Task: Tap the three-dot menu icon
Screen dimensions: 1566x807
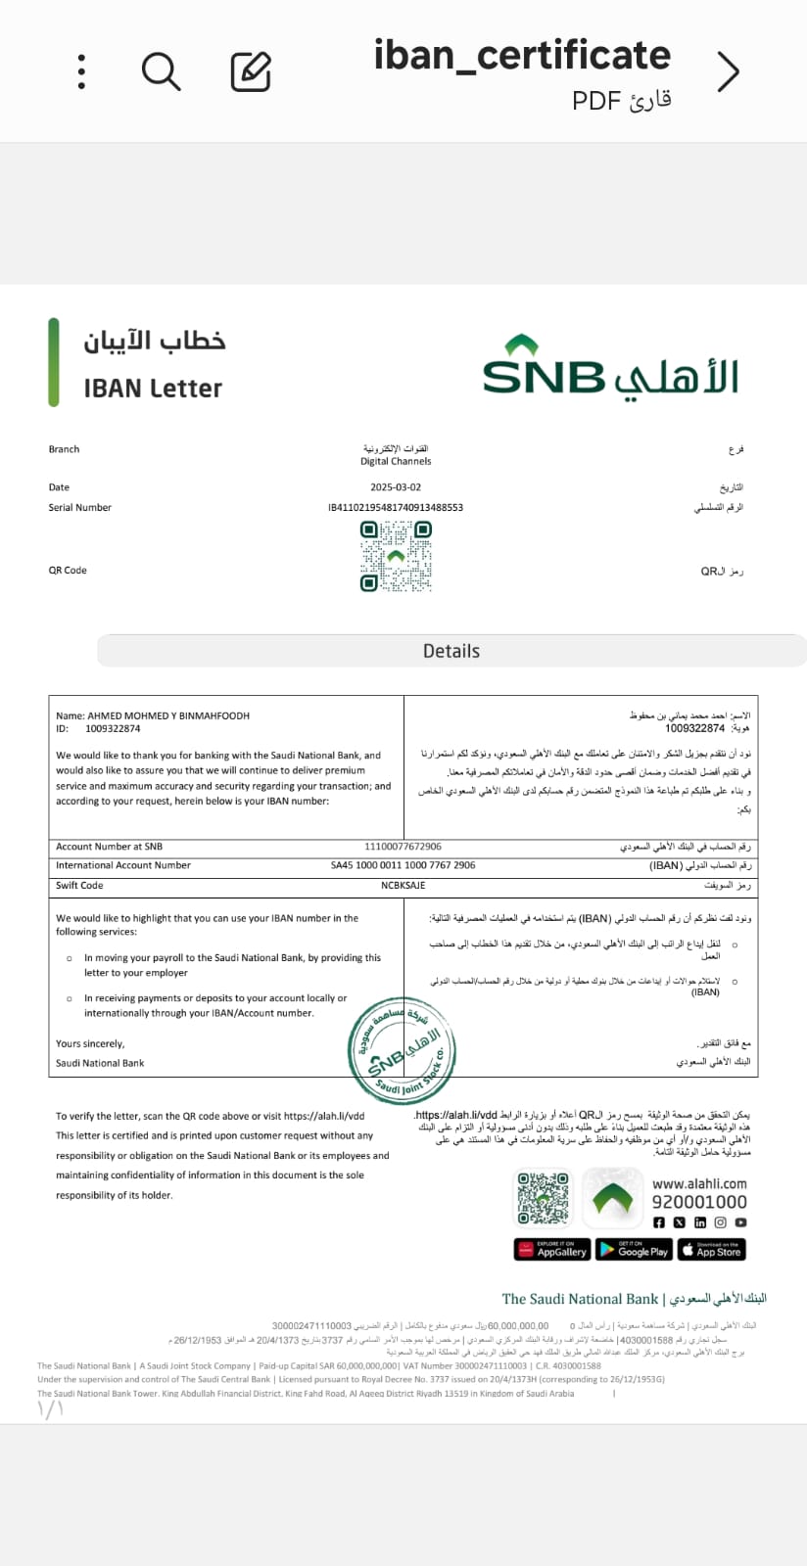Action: (81, 71)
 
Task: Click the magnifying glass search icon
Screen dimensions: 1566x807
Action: (161, 71)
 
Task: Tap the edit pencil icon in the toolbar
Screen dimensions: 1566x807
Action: (251, 71)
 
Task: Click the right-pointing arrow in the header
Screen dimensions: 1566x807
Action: (728, 71)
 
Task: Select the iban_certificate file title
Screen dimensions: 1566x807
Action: (522, 56)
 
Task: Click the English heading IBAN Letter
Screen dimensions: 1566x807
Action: (153, 389)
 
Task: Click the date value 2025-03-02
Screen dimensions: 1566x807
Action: (396, 487)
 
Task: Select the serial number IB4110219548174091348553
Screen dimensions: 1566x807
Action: (396, 508)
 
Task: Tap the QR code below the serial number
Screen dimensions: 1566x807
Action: (396, 556)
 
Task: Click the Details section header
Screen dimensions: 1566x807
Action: (451, 651)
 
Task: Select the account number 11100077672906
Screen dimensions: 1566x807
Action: (403, 847)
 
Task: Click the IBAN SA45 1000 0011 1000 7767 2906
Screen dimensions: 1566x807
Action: (403, 865)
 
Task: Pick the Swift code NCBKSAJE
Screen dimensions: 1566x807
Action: (403, 885)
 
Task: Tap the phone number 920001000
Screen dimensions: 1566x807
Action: (699, 1202)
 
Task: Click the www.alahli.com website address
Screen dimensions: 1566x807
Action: (699, 1183)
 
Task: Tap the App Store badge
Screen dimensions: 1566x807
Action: (711, 1250)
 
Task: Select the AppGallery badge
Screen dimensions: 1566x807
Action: (551, 1250)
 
